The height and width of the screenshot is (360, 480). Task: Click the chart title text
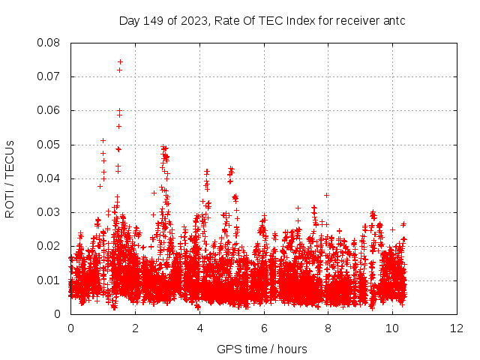pyautogui.click(x=262, y=20)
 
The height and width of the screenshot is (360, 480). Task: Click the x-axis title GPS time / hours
pyautogui.click(x=262, y=349)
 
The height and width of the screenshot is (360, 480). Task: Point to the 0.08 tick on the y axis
pyautogui.click(x=49, y=43)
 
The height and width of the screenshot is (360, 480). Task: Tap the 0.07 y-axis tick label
pyautogui.click(x=49, y=76)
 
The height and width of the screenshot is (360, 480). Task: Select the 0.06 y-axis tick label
pyautogui.click(x=49, y=110)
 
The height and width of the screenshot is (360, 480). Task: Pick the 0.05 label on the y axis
pyautogui.click(x=49, y=145)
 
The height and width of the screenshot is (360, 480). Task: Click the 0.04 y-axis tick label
pyautogui.click(x=49, y=178)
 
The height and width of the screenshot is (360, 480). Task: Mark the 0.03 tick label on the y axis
pyautogui.click(x=49, y=212)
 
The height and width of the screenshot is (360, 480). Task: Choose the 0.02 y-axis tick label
pyautogui.click(x=49, y=246)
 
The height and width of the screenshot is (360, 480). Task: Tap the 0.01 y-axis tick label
pyautogui.click(x=49, y=280)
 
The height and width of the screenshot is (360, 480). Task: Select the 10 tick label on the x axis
pyautogui.click(x=393, y=328)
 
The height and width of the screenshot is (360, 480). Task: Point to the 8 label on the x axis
pyautogui.click(x=328, y=328)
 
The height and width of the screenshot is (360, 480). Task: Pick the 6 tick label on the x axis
pyautogui.click(x=264, y=328)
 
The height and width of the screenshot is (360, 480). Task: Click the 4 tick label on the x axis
pyautogui.click(x=199, y=328)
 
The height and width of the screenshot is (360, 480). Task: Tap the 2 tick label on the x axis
pyautogui.click(x=135, y=328)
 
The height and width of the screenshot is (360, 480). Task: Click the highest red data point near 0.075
pyautogui.click(x=120, y=61)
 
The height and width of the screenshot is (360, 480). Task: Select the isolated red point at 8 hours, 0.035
pyautogui.click(x=327, y=195)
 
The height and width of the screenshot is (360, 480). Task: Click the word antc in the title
pyautogui.click(x=394, y=20)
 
